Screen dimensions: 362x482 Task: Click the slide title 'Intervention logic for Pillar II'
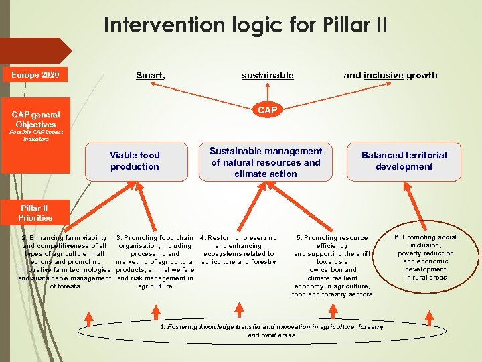coord(245,25)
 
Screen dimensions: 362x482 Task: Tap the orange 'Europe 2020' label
coord(35,74)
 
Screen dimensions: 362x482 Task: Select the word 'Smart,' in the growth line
coord(151,75)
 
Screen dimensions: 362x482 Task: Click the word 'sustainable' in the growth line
coord(267,75)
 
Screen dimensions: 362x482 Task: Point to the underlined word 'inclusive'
coord(383,75)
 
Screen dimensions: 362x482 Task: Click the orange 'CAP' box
coord(267,110)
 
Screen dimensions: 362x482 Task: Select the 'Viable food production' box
coord(135,161)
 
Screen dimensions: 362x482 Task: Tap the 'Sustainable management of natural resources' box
coord(266,162)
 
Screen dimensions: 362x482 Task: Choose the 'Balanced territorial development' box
coord(404,161)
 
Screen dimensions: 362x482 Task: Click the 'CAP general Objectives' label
coord(36,119)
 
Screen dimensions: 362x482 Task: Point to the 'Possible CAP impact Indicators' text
coord(36,135)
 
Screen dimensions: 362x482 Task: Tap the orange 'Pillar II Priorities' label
coord(35,213)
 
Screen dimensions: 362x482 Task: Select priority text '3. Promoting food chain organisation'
coord(155,261)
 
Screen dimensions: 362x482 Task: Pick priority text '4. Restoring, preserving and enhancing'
coord(238,249)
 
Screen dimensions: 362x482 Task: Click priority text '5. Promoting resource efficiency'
coord(332,265)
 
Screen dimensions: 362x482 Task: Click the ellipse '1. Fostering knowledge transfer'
coord(272,330)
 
